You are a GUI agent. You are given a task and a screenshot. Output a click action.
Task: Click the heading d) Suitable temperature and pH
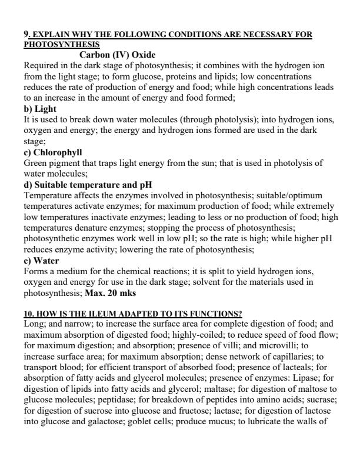point(88,184)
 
